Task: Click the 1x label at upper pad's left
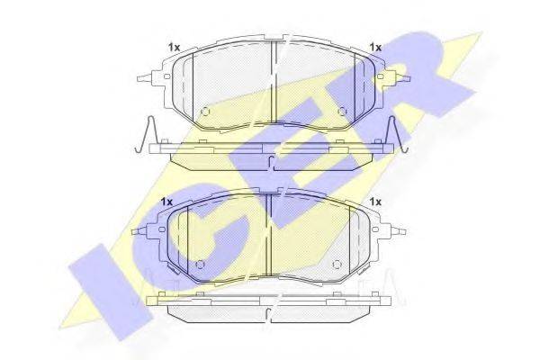click(175, 48)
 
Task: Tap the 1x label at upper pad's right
click(375, 47)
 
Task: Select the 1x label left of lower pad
click(166, 202)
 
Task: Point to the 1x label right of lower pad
click(375, 202)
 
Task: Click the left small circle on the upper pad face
click(205, 112)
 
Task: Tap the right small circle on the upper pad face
click(342, 112)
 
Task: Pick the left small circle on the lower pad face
click(200, 265)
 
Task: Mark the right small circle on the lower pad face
click(337, 265)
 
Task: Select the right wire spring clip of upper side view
click(399, 134)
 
